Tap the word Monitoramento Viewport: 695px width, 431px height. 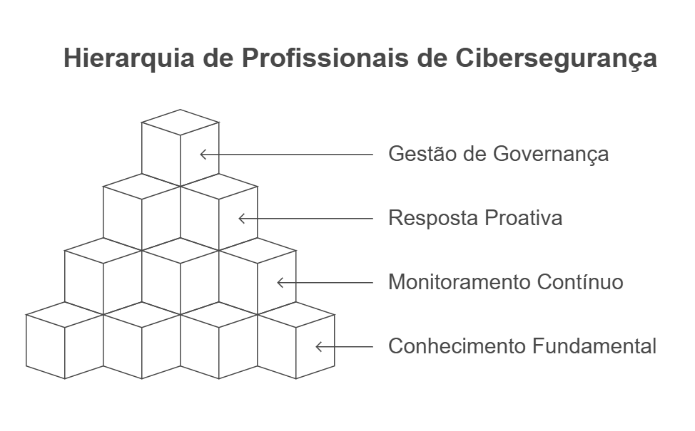[458, 282]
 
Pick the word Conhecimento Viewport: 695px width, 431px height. [457, 347]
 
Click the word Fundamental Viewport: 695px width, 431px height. [594, 347]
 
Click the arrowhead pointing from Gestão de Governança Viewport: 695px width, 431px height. [203, 154]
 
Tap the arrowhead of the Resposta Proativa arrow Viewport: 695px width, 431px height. [241, 218]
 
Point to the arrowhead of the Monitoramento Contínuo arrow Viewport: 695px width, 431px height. [280, 282]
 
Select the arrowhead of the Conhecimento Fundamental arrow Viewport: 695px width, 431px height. [318, 347]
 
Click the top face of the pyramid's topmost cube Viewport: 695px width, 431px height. [180, 122]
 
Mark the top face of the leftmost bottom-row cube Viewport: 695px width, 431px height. [64, 315]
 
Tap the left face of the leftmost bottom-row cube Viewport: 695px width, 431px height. [45, 347]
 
